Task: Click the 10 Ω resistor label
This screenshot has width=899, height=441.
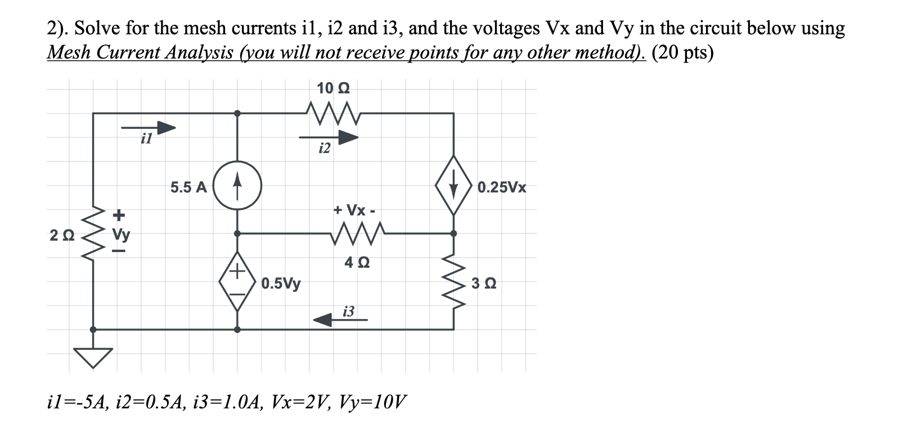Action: (333, 88)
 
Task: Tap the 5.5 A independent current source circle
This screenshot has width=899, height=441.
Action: (237, 186)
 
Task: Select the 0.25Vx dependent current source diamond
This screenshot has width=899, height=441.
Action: (453, 186)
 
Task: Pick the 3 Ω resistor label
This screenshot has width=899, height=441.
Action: (484, 283)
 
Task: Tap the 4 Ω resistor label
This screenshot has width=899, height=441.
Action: (357, 263)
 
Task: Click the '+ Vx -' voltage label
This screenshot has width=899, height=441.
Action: (354, 210)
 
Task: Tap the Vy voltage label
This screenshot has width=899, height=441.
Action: (119, 233)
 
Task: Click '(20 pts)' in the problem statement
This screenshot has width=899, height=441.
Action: (682, 53)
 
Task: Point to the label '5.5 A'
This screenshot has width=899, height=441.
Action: (188, 187)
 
